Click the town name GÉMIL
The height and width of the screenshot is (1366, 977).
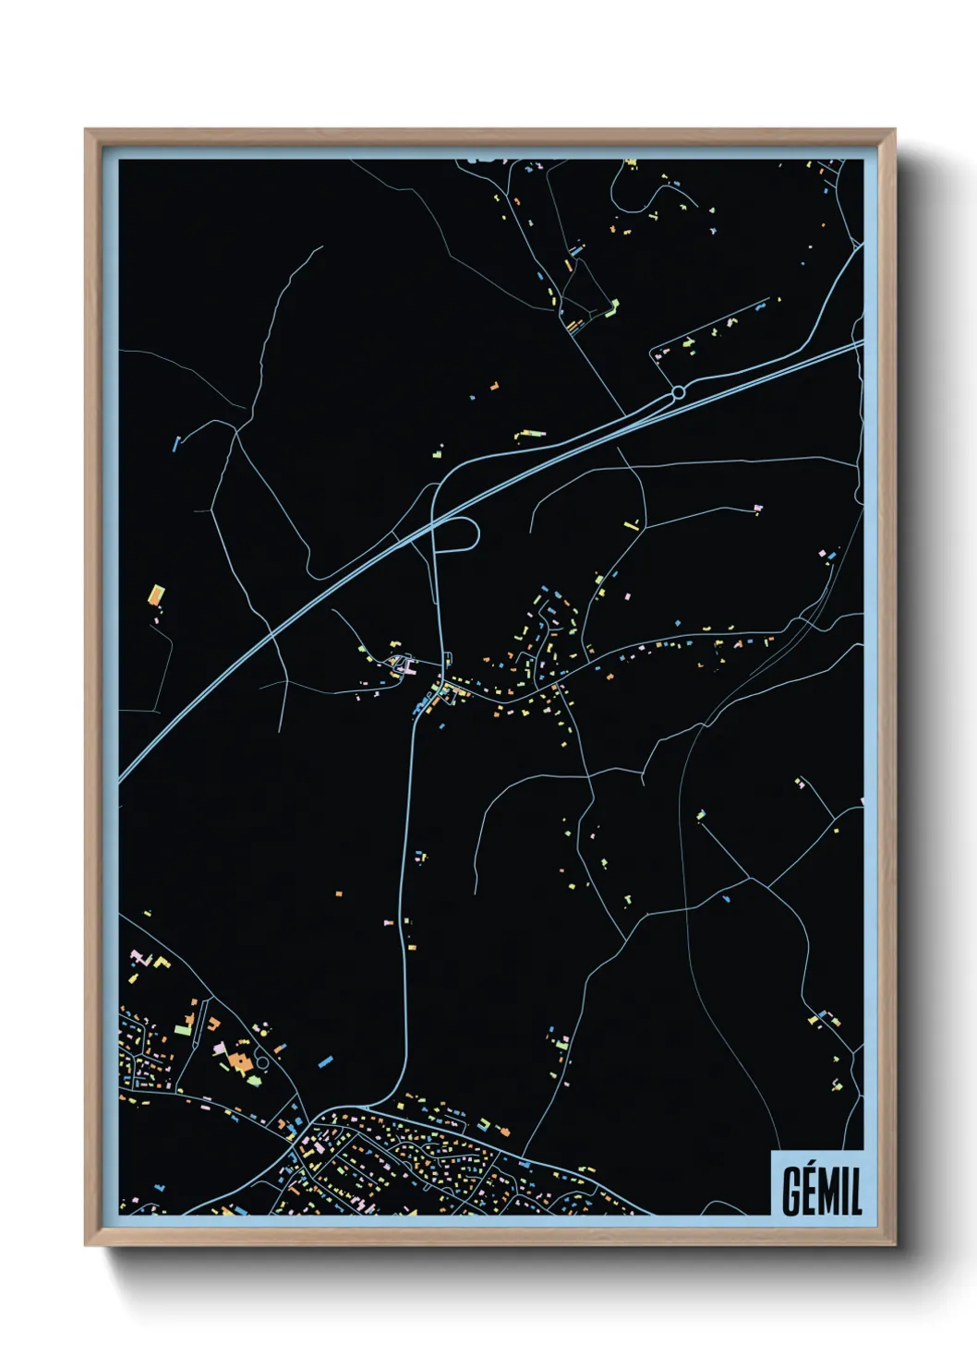click(822, 1192)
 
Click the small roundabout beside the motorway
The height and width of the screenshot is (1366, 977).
click(679, 393)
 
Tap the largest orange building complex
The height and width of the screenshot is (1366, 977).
click(239, 1061)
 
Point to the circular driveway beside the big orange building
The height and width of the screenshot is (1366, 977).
click(261, 1061)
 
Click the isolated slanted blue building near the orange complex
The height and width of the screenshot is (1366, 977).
click(325, 1061)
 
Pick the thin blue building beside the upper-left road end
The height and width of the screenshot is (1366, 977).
click(175, 444)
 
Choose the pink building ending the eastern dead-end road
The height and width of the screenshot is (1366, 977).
click(759, 508)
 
